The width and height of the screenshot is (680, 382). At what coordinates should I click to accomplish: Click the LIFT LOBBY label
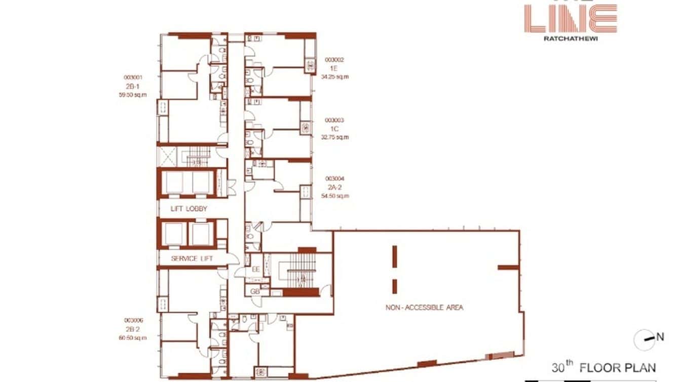point(190,209)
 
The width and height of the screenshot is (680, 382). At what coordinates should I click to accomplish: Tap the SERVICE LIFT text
point(192,259)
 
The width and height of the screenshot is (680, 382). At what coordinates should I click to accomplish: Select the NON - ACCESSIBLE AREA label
point(424,308)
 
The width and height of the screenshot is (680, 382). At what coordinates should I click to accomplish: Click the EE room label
point(255,270)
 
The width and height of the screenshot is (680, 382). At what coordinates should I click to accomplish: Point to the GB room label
point(255,292)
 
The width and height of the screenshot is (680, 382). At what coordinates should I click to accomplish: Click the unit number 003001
point(133,78)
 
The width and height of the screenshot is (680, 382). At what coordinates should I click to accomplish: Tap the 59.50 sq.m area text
point(133,95)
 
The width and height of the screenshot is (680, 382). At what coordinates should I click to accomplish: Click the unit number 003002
point(334,60)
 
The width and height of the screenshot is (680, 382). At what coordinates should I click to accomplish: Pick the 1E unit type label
point(334,68)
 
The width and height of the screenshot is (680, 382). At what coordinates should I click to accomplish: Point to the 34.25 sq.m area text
point(335,77)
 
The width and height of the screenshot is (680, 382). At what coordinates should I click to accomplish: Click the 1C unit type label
point(334,129)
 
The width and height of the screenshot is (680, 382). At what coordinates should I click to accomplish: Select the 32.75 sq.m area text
point(335,137)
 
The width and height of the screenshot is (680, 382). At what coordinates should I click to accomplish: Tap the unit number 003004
point(335,178)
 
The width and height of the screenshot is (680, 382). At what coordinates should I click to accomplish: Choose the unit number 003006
point(133,321)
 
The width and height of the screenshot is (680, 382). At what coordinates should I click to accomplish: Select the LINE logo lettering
point(571,19)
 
